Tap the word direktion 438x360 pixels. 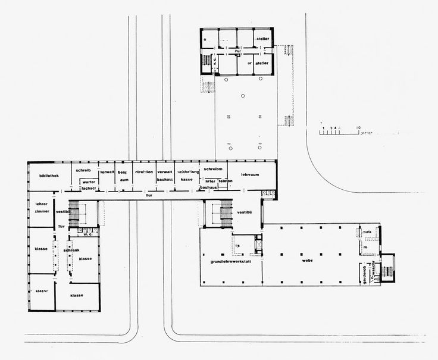[x=144, y=171]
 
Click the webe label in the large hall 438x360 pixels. [x=307, y=261]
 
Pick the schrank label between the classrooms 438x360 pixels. [x=71, y=250]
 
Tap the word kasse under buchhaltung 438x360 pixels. [x=186, y=179]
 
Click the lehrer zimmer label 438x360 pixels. [x=42, y=207]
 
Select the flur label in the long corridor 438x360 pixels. [x=149, y=195]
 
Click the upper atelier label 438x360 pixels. [x=262, y=39]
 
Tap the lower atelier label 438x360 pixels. [x=262, y=62]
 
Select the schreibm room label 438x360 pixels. [x=212, y=170]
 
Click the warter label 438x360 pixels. [x=89, y=181]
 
